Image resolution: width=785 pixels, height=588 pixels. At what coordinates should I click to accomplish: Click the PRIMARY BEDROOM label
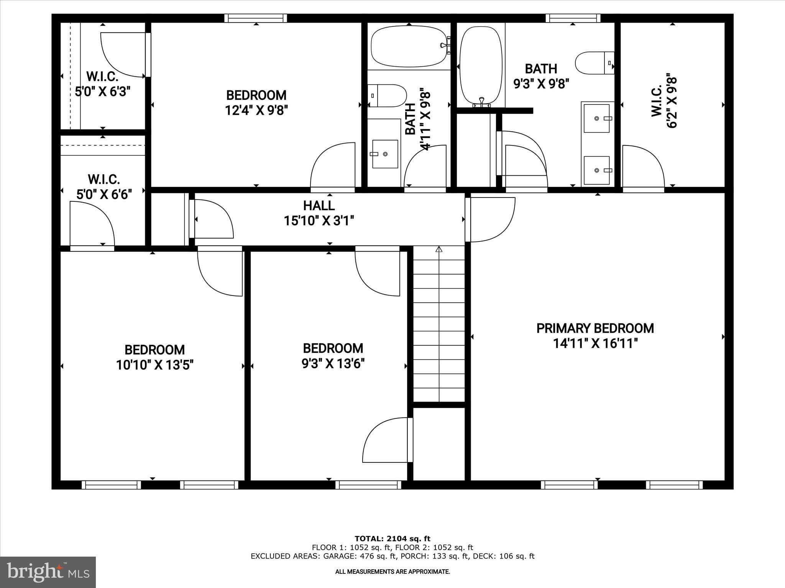[x=595, y=328]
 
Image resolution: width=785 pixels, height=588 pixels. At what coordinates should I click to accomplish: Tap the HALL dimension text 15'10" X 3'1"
[x=319, y=221]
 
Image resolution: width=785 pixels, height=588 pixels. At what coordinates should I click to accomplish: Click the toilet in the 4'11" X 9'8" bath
[x=387, y=96]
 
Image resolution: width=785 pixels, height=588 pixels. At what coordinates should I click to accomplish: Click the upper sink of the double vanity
[x=596, y=118]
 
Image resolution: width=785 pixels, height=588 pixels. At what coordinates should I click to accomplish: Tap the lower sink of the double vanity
[x=596, y=170]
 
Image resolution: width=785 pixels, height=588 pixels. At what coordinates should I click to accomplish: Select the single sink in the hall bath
[x=385, y=154]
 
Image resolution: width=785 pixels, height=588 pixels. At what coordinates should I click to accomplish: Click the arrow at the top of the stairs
[x=439, y=250]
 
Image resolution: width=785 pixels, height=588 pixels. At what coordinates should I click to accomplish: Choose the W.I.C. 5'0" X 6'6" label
[x=104, y=186]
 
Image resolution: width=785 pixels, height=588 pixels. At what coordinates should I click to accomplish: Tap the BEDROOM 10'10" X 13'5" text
[x=154, y=357]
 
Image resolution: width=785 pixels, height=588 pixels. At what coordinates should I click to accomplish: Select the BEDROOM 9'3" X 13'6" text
[x=333, y=356]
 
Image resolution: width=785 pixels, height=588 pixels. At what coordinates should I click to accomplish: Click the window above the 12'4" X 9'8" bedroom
[x=256, y=18]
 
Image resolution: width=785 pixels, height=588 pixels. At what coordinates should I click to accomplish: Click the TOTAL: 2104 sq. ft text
[x=392, y=539]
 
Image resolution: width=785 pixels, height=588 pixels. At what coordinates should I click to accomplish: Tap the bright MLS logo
[x=48, y=572]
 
